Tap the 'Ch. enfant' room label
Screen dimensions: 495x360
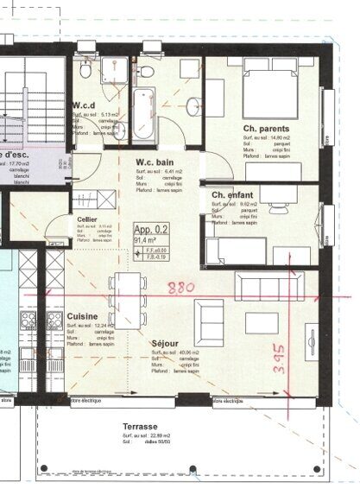click(x=232, y=196)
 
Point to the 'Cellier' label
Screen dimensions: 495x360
click(x=86, y=219)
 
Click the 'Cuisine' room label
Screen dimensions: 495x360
click(x=82, y=316)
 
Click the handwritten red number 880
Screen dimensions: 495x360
click(x=181, y=286)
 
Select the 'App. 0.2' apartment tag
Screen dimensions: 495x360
click(x=151, y=230)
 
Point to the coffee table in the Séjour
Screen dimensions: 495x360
click(x=262, y=323)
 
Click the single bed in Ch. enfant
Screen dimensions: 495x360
click(x=236, y=251)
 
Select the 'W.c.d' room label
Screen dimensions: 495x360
click(x=85, y=105)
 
